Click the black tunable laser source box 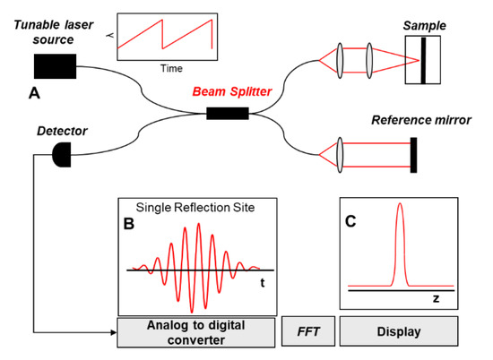55,65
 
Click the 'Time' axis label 169,68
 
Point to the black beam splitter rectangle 227,113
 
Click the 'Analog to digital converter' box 195,332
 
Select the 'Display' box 400,332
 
